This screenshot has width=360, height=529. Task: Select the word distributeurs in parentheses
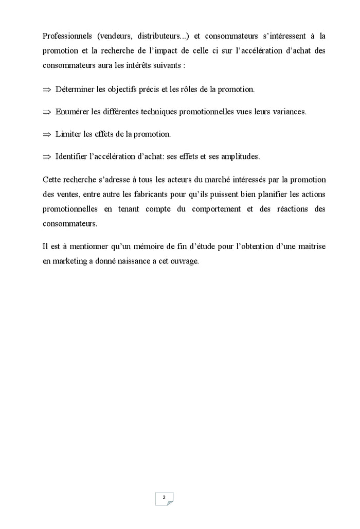[158, 37]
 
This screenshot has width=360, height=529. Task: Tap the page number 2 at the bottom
[164, 498]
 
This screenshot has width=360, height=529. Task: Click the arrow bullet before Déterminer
[47, 90]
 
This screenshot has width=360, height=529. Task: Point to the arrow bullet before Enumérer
[47, 112]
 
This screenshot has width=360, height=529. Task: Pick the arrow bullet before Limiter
[47, 134]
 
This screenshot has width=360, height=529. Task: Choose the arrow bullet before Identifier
[47, 156]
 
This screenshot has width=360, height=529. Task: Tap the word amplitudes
[240, 156]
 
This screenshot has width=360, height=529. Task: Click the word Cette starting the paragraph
[52, 180]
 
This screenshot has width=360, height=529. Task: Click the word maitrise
[310, 246]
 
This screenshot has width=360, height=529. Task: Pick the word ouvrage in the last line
[185, 261]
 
